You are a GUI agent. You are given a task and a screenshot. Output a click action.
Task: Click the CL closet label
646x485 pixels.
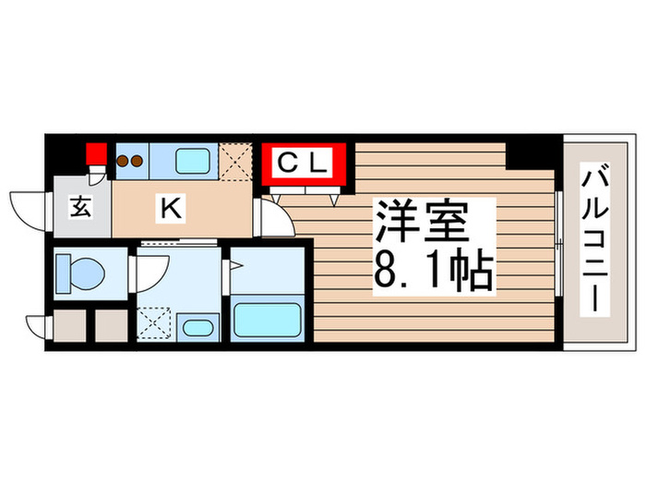pos(303,164)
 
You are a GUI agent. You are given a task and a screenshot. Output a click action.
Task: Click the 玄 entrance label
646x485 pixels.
pos(80,209)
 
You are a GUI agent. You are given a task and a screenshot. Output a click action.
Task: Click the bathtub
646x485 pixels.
pos(268,319)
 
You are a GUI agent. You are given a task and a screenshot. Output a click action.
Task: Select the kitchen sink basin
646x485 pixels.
pos(193,161)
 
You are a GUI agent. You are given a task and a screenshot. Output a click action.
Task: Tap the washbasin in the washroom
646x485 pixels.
pos(195,328)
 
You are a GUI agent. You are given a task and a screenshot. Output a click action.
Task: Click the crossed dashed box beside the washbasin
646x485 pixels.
pos(154,323)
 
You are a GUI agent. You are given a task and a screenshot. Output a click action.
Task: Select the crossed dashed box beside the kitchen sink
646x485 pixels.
pos(235,160)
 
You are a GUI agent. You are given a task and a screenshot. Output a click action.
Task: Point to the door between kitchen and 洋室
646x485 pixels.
pos(272,219)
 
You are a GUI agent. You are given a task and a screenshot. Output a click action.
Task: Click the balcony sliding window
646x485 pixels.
pos(559,240)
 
